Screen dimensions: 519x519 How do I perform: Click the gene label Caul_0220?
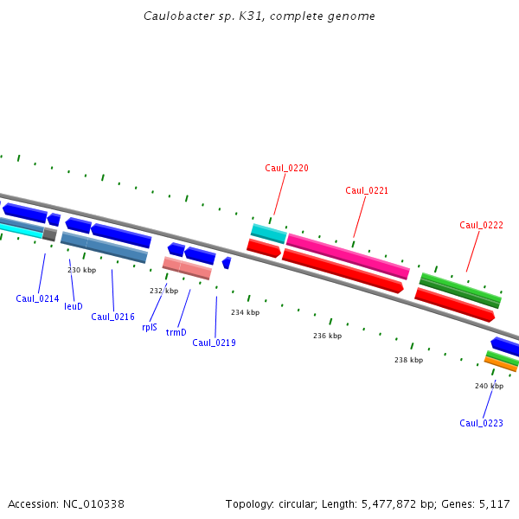(x=286, y=168)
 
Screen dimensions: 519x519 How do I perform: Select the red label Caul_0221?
(x=367, y=190)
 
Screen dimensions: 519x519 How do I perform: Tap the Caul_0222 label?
(x=481, y=225)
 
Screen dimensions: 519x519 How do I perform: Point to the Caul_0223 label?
(x=481, y=423)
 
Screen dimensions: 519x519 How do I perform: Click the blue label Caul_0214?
(x=37, y=298)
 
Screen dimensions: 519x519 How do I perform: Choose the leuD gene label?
(x=74, y=306)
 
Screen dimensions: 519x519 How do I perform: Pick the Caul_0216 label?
(x=112, y=317)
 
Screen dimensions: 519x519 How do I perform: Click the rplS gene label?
(x=150, y=327)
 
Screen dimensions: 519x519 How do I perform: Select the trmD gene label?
(x=176, y=332)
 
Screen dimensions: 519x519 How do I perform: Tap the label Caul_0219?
(x=214, y=343)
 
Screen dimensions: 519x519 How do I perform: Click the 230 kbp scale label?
(x=81, y=270)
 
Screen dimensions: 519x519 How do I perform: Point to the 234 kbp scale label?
(x=245, y=312)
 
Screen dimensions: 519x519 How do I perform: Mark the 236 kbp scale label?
(x=327, y=336)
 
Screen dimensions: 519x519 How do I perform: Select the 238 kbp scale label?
(x=408, y=360)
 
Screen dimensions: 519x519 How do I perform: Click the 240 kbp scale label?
(x=489, y=386)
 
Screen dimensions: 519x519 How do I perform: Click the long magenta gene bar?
(x=348, y=256)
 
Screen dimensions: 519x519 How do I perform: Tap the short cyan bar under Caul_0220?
(x=268, y=233)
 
